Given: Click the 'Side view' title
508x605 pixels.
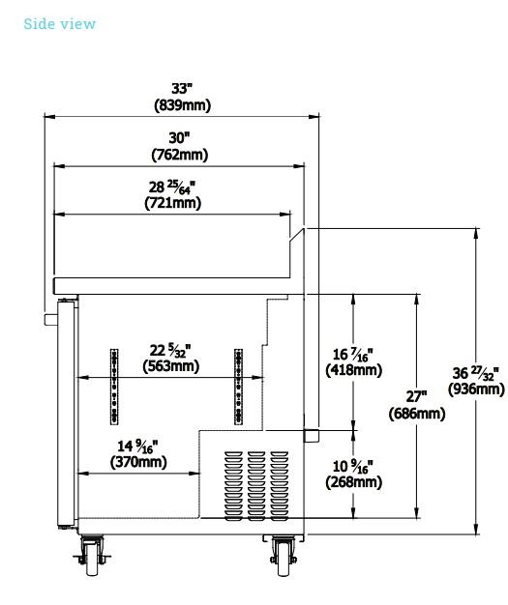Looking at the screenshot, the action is click(x=59, y=24).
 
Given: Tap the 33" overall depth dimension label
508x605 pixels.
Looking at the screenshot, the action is click(x=182, y=88).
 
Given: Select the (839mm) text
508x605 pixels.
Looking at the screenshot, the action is click(x=182, y=105).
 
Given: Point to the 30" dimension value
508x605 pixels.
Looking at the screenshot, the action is click(x=180, y=138).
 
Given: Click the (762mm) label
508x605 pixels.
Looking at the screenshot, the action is click(x=180, y=155).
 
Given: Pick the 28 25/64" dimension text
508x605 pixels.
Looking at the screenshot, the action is click(x=172, y=187).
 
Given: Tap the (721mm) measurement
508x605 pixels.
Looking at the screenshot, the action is click(x=172, y=203).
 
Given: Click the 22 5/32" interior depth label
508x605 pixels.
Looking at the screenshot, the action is click(x=170, y=350).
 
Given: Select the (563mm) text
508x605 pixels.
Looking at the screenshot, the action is click(x=170, y=366).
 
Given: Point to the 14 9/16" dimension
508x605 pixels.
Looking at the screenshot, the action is click(x=138, y=447).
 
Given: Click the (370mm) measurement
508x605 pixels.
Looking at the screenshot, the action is click(x=138, y=462).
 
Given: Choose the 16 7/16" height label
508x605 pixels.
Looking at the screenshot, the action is click(x=353, y=354).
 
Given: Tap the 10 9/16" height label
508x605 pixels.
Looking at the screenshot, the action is click(x=353, y=466).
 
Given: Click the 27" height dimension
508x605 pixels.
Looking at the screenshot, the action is click(x=416, y=396).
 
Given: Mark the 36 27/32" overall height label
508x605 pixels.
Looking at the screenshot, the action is click(x=476, y=373).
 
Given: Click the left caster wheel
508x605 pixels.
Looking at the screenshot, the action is click(x=92, y=559).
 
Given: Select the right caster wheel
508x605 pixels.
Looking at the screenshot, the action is click(x=284, y=559).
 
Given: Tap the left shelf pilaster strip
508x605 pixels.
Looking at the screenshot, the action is click(x=114, y=387).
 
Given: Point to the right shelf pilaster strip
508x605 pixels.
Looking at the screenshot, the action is click(x=238, y=387).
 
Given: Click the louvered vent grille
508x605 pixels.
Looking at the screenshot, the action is click(x=256, y=486).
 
